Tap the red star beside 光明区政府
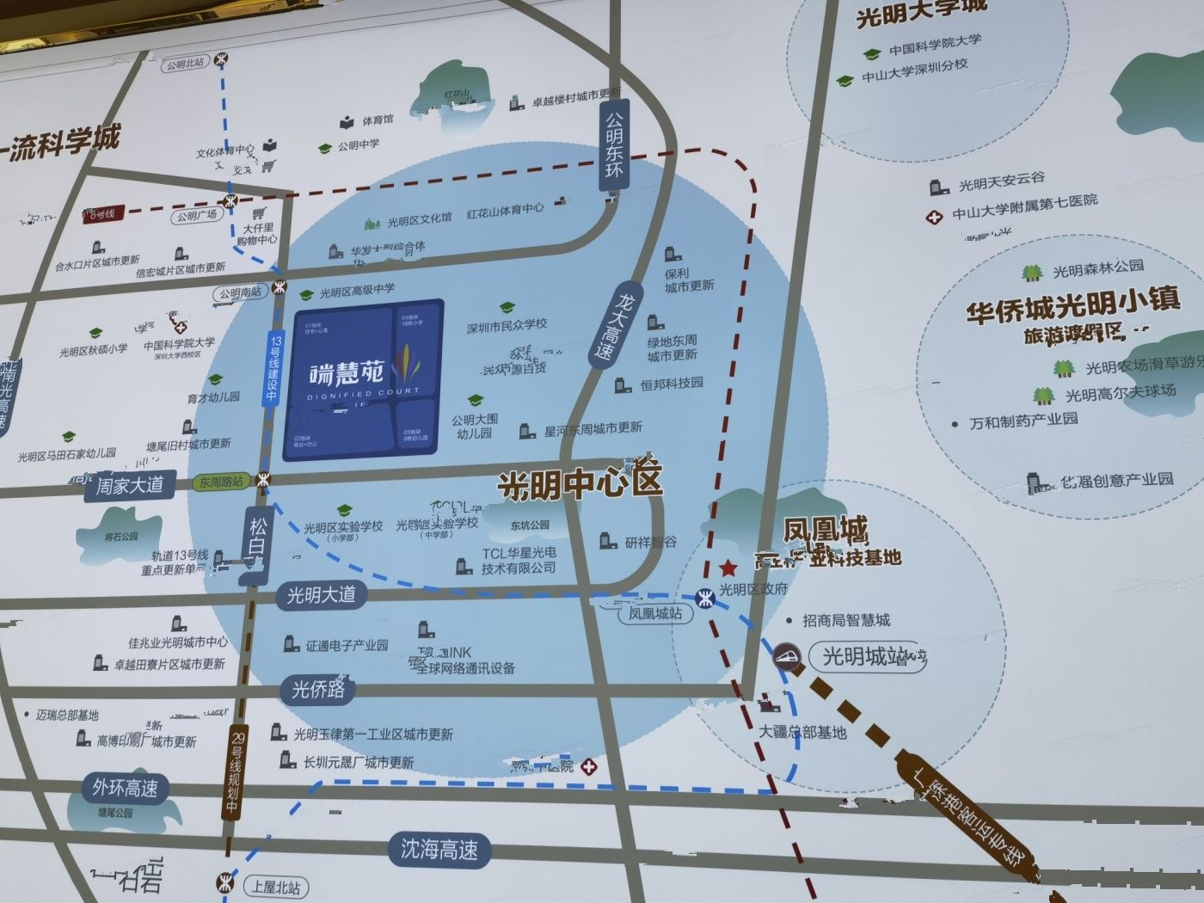[728, 568]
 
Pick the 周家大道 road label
[129, 486]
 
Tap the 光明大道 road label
[321, 595]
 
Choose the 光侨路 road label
[318, 689]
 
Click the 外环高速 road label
[126, 789]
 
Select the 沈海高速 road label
[439, 851]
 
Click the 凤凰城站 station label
[655, 614]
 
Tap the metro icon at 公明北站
[222, 59]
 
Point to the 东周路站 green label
[221, 482]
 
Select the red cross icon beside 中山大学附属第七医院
[935, 217]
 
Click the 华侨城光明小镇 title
[1072, 305]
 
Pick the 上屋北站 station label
[276, 888]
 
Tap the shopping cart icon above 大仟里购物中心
[259, 212]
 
